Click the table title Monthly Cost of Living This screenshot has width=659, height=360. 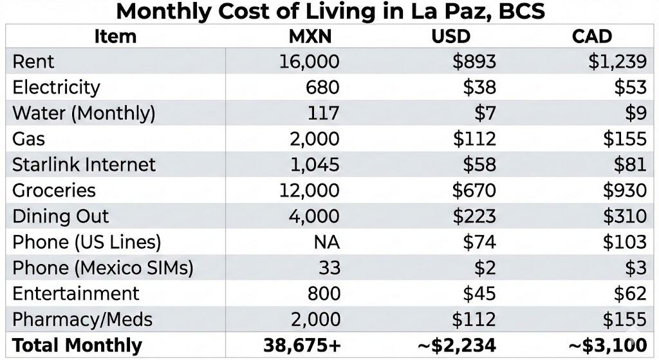click(x=330, y=12)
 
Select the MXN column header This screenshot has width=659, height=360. click(x=310, y=36)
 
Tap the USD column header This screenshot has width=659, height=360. click(x=450, y=36)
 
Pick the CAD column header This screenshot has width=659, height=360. click(x=591, y=36)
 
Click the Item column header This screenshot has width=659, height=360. click(x=115, y=36)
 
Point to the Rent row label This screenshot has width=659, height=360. click(x=33, y=62)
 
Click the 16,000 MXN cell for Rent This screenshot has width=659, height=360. click(x=309, y=62)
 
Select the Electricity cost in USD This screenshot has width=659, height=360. click(x=479, y=88)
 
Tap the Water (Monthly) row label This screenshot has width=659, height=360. click(x=84, y=113)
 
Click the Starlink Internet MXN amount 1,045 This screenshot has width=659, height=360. click(x=314, y=165)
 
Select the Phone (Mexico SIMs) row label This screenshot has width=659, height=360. click(x=102, y=268)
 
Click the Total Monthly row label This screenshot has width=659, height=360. click(x=77, y=346)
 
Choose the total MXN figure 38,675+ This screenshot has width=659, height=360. click(x=301, y=346)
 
